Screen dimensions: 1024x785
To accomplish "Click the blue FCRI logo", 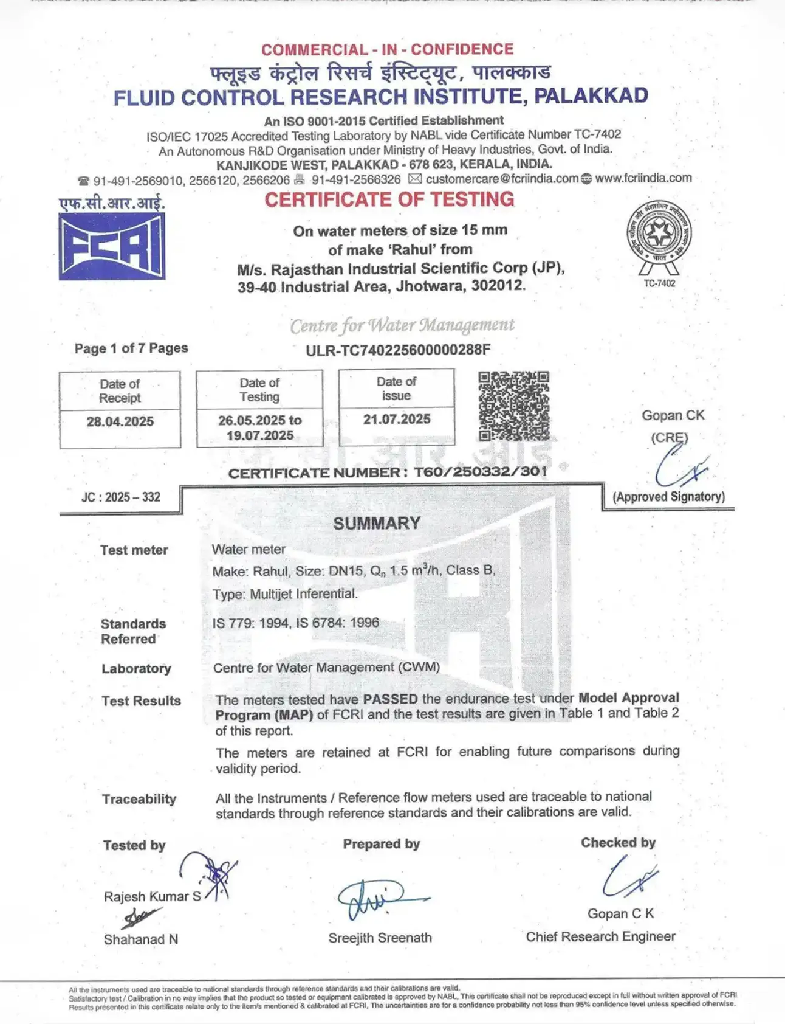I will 112,246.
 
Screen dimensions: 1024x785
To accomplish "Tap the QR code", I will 513,406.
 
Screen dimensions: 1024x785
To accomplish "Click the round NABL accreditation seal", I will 659,234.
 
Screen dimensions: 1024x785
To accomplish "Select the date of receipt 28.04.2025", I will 120,421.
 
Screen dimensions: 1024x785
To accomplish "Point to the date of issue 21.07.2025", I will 397,419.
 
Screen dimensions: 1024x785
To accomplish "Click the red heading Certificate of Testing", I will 389,199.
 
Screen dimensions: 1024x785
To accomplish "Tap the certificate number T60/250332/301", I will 480,472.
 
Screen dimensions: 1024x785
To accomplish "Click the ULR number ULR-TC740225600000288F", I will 398,350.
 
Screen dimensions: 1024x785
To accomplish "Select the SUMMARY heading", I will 377,523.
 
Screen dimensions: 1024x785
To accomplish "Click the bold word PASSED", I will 390,699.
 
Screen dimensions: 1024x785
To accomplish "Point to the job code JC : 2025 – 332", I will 121,497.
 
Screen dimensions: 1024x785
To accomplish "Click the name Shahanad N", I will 141,939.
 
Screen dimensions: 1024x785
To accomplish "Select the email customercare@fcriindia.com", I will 502,179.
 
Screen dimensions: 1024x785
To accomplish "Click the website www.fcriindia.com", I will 643,178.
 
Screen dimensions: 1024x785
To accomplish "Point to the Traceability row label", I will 139,799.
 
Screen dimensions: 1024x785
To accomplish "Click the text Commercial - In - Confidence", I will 387,49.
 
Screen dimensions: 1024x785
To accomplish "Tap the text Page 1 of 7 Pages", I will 131,348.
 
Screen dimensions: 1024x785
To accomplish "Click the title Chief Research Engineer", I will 600,936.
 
